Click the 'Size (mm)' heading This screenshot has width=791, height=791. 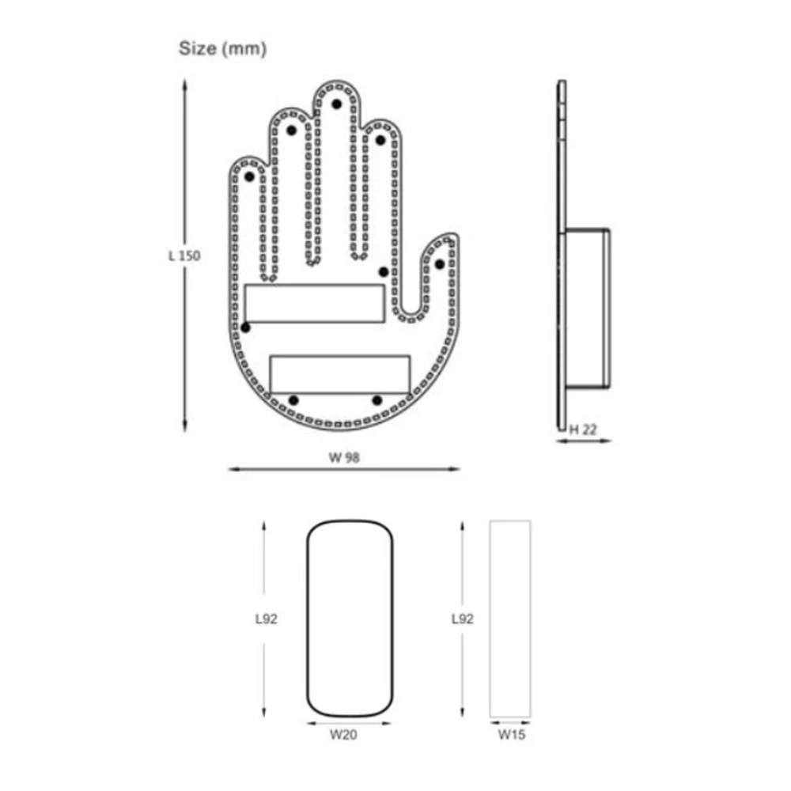[x=222, y=49]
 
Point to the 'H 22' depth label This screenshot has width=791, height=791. [x=584, y=429]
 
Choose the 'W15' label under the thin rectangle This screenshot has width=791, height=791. [x=511, y=735]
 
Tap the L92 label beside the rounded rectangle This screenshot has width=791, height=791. [x=266, y=619]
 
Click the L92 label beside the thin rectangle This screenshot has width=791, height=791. [x=462, y=619]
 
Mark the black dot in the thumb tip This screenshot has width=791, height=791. [x=440, y=263]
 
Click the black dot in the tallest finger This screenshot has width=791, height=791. [x=336, y=104]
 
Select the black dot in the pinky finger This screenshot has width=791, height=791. [x=249, y=177]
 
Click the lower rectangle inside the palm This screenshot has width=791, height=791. [x=340, y=373]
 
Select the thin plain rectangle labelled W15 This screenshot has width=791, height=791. [x=510, y=619]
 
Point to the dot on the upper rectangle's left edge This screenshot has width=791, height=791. [x=246, y=327]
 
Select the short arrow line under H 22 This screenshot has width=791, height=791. [x=584, y=441]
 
